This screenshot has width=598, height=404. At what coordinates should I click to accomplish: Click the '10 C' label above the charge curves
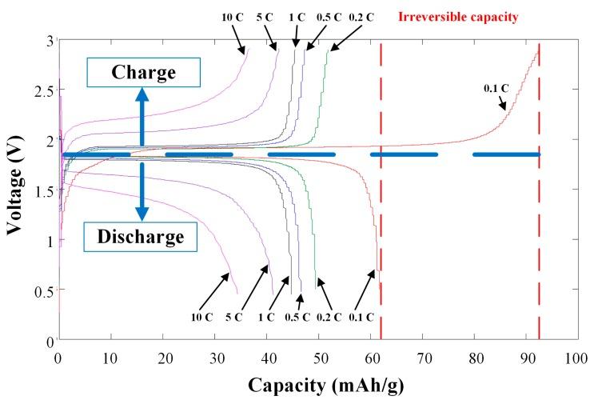pyautogui.click(x=232, y=16)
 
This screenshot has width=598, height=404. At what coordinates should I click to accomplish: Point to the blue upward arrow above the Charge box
pyautogui.click(x=142, y=116)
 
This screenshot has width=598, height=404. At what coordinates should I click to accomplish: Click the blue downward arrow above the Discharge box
pyautogui.click(x=142, y=192)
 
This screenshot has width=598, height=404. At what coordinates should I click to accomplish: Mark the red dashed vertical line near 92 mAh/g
pyautogui.click(x=539, y=192)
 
